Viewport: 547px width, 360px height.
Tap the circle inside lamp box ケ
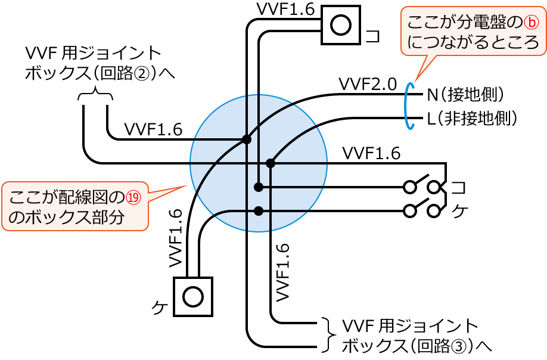192,296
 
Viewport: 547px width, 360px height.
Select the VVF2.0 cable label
367,84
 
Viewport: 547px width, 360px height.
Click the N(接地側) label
465,94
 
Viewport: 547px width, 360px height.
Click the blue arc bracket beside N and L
408,105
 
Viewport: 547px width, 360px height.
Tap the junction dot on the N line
245,140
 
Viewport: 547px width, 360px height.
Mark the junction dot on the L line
270,163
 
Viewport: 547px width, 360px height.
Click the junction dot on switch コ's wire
258,187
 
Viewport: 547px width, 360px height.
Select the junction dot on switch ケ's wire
258,210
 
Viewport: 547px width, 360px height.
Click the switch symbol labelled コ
424,186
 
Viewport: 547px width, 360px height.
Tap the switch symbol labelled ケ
424,209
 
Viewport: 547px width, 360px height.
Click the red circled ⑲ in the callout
136,197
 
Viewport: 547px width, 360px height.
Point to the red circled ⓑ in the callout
531,23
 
